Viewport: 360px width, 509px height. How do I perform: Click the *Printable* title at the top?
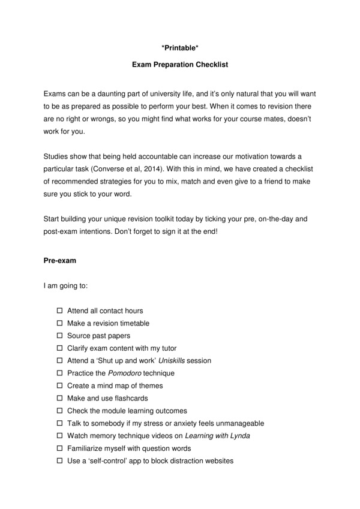pos(180,44)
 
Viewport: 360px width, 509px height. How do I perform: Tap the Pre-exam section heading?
pos(59,261)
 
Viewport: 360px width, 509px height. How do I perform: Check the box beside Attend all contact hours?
pos(59,311)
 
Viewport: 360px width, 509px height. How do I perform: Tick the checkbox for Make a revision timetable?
pos(59,323)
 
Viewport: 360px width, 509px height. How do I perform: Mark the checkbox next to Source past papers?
pos(59,336)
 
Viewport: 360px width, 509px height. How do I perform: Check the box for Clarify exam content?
pos(59,348)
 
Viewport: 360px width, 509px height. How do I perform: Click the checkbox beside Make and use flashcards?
pos(59,398)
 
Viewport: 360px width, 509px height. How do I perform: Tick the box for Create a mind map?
pos(59,385)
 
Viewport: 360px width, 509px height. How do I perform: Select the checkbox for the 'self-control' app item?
pos(59,461)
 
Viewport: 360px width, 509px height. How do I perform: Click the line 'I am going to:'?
pos(65,285)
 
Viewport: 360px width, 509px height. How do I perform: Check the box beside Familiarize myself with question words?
pos(59,448)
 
